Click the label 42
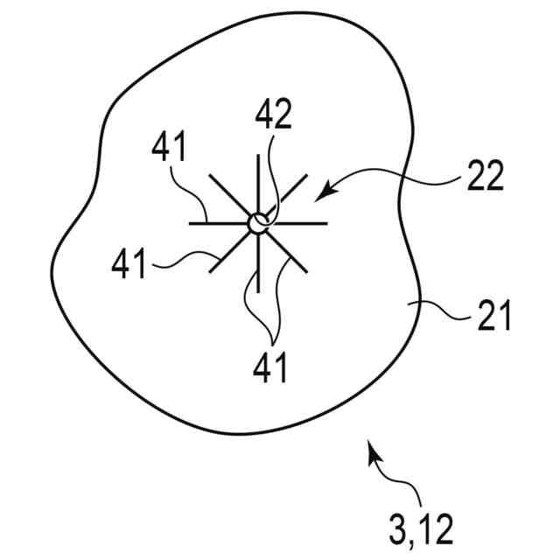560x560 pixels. pos(274,115)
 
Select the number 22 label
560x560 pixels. pos(484,176)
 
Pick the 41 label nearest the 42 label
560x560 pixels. pos(168,148)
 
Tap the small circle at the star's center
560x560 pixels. pos(258,223)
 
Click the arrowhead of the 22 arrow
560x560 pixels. pos(318,192)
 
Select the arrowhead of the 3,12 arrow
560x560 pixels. pos(372,447)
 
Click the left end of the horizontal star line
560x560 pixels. pos(191,223)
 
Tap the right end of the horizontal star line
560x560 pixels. pos(326,223)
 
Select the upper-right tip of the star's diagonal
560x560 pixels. pos(307,175)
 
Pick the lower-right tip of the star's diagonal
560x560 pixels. pos(307,272)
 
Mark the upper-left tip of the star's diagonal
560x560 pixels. pos(210,175)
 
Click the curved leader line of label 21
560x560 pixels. pos(446,311)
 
